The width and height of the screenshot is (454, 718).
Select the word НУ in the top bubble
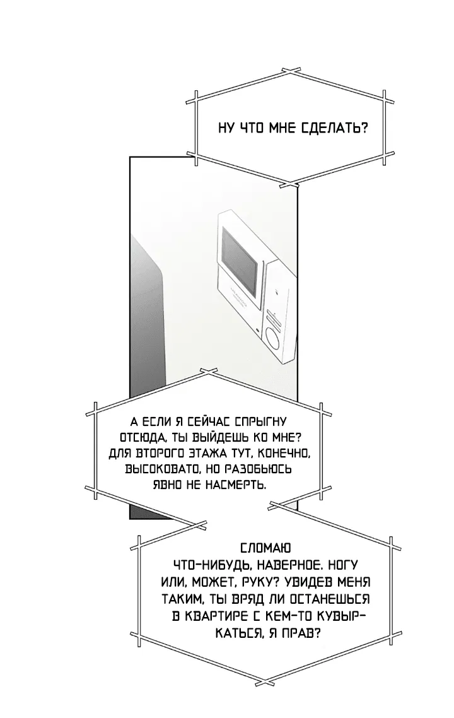point(226,128)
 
